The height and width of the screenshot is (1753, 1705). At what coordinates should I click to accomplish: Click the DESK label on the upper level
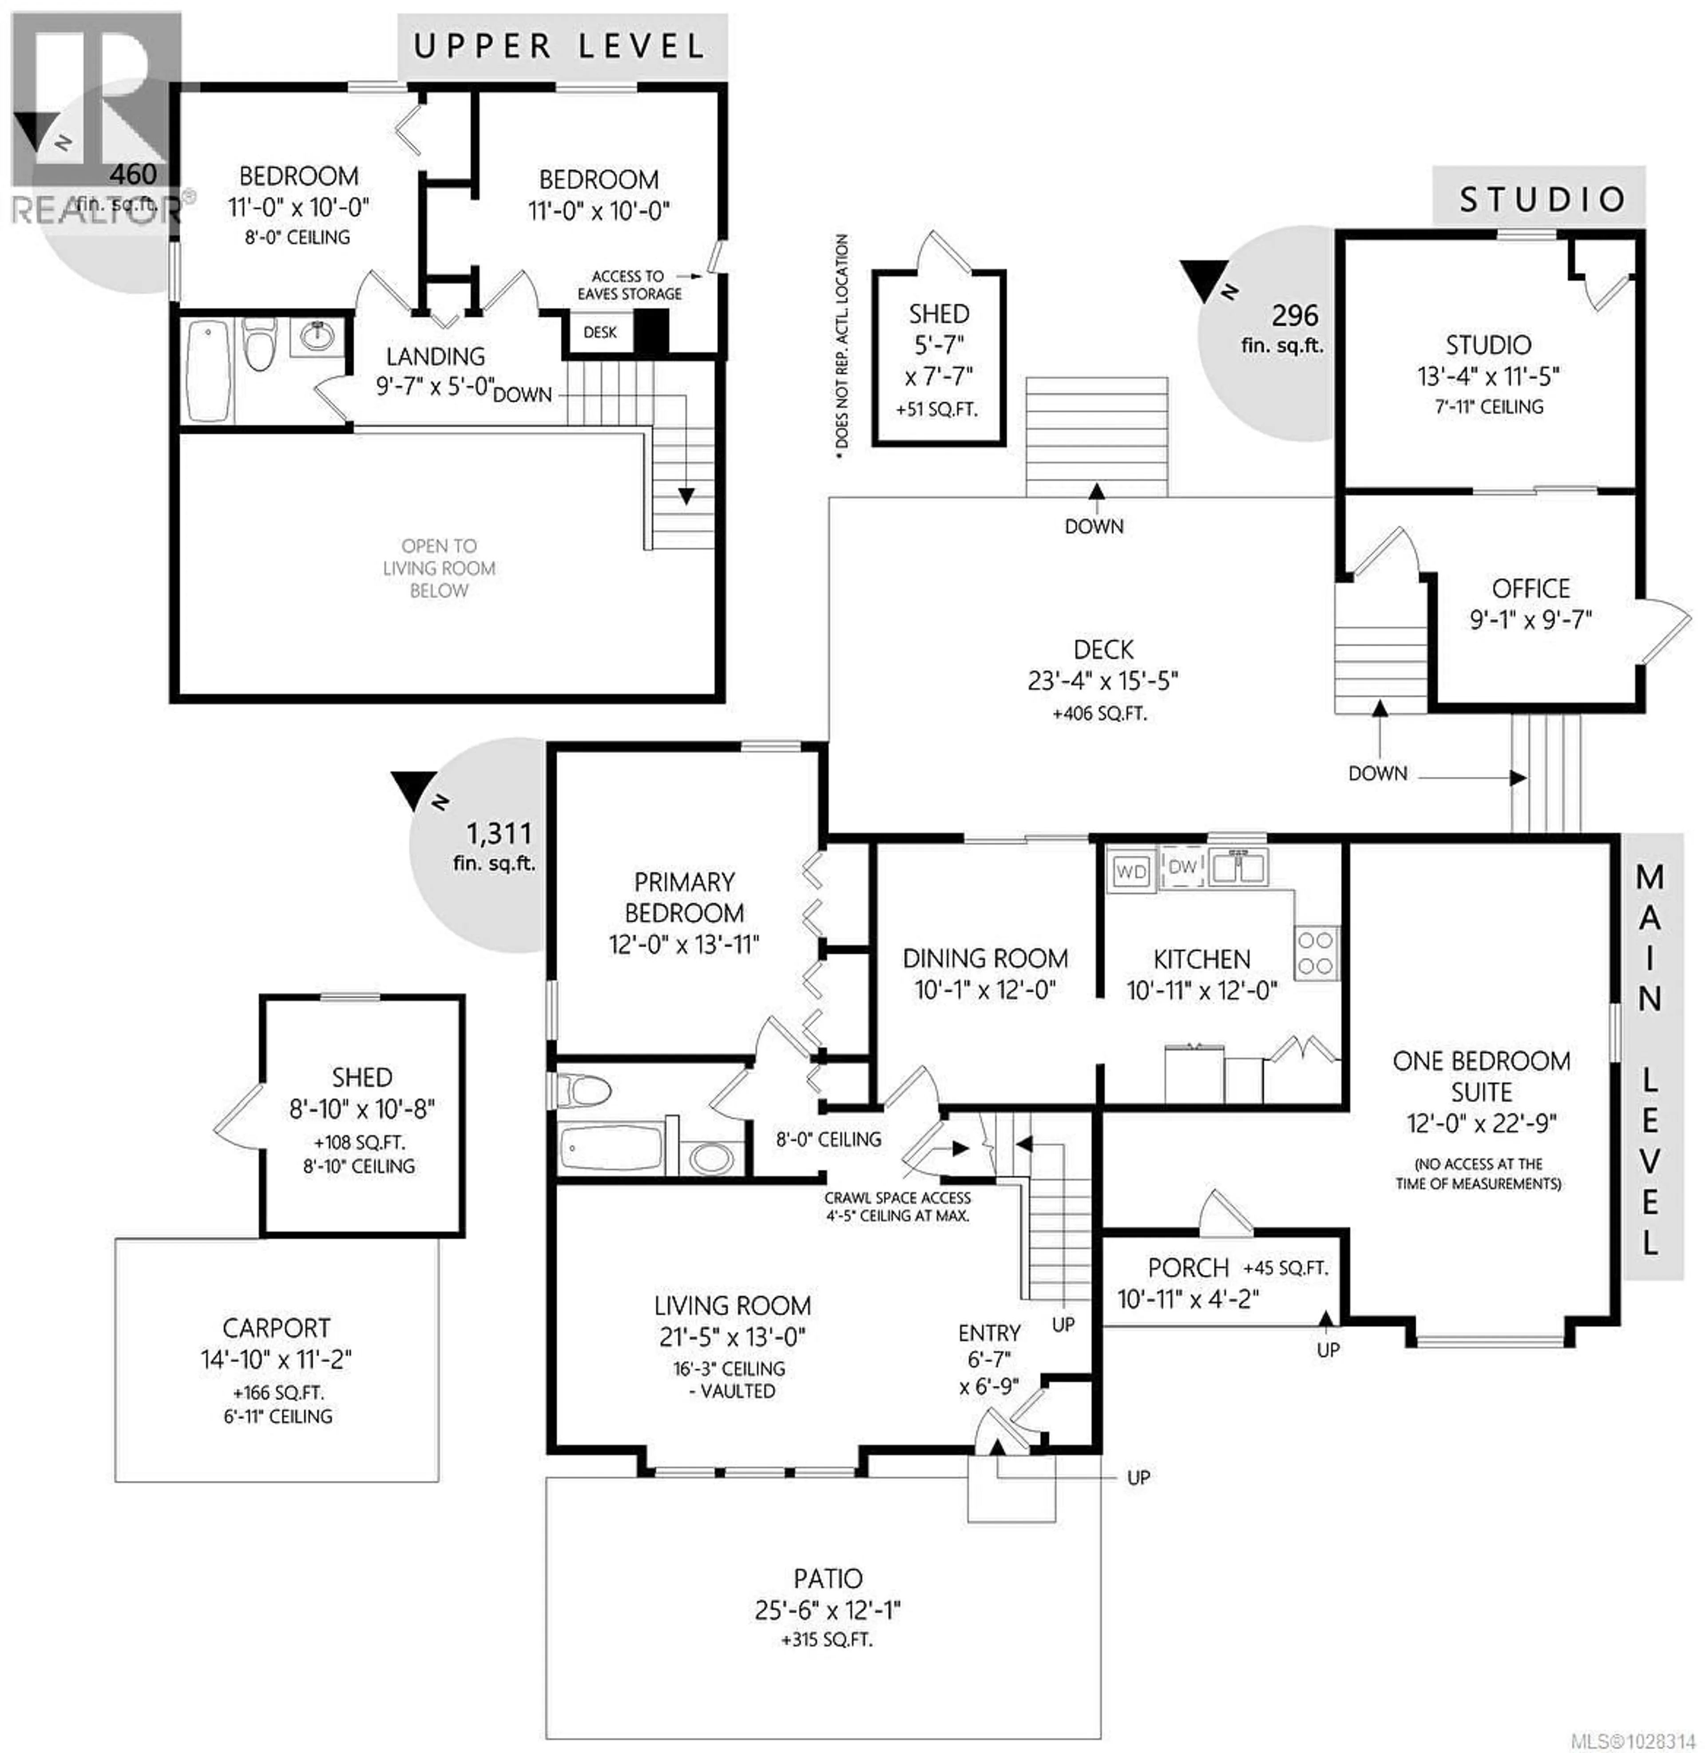coord(600,332)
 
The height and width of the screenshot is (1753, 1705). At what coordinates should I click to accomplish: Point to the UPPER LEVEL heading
coord(561,47)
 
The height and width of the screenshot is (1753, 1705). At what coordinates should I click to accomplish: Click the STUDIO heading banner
coord(1540,199)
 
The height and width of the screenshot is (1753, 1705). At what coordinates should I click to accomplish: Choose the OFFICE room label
coord(1531,588)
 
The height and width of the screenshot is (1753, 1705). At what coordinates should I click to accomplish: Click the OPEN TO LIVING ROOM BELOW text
coord(439,568)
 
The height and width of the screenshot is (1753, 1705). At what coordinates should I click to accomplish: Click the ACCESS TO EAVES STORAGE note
coord(629,285)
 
